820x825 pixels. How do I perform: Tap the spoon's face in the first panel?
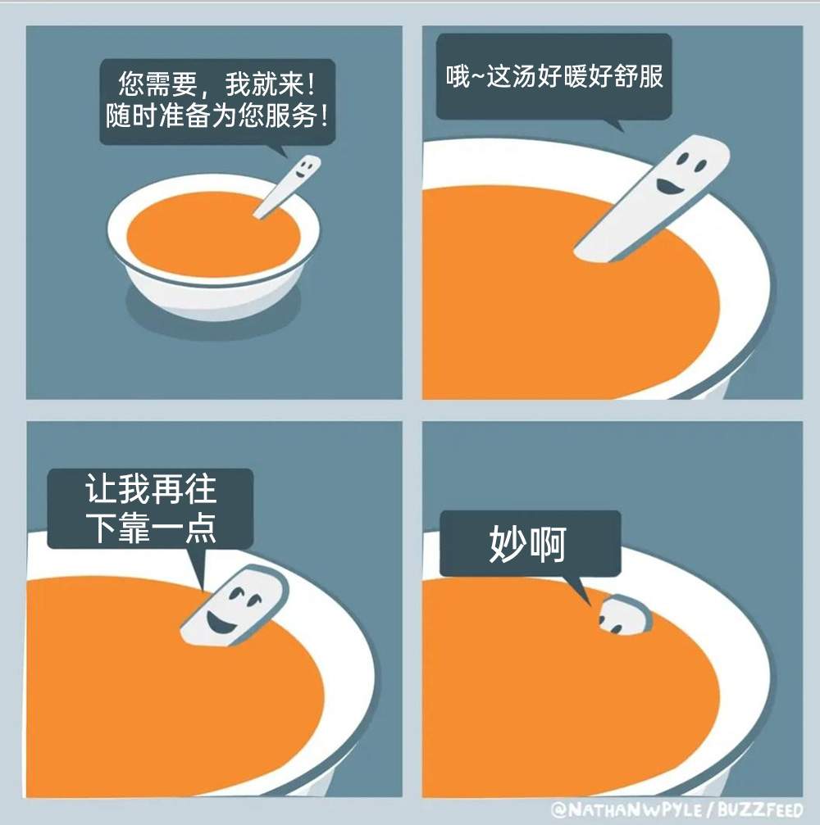[x=304, y=168]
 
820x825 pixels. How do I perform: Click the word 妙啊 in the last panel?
[x=528, y=544]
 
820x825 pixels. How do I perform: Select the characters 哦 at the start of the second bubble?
[x=457, y=76]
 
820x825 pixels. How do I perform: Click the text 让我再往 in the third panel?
[x=151, y=489]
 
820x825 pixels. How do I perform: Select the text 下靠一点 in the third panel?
[x=151, y=528]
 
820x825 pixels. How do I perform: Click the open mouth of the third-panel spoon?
[x=221, y=623]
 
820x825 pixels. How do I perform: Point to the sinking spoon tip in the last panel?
[x=625, y=614]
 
